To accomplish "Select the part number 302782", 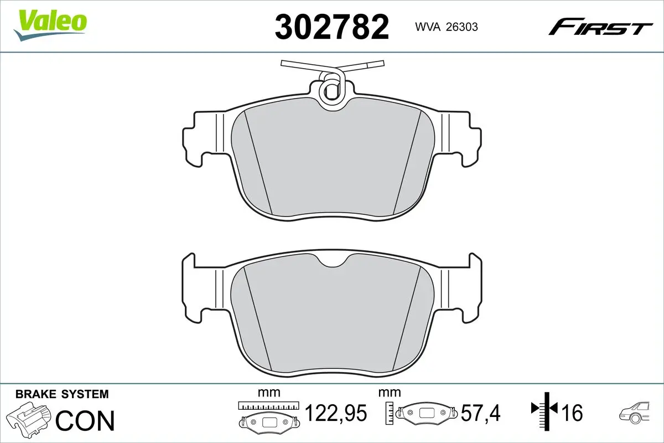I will (332, 27).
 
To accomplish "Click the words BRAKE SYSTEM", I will (62, 394).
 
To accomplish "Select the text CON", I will (85, 420).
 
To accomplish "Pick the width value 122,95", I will (336, 413).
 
